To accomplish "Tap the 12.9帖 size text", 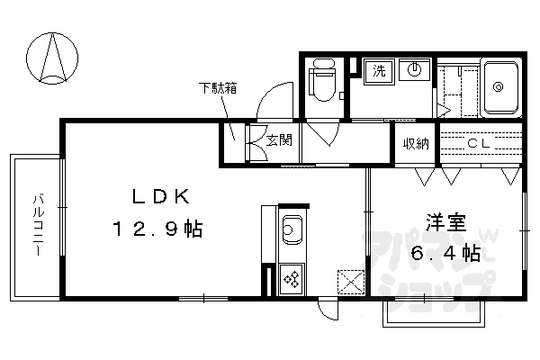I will pos(157,229).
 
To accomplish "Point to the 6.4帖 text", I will pos(445,254).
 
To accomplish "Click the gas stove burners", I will pos(292,278).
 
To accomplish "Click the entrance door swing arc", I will pos(274,99).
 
